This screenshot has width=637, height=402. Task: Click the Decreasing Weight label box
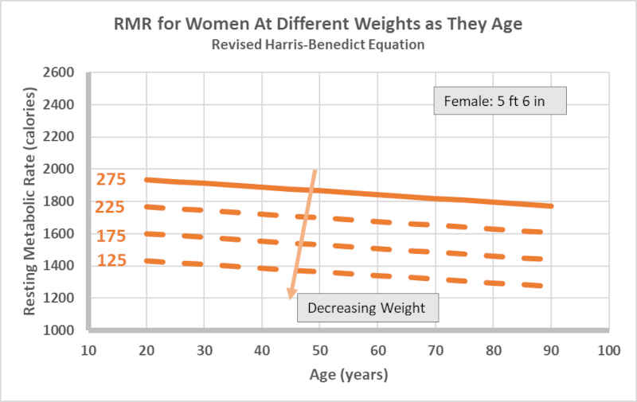(367, 308)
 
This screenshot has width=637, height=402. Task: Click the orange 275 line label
(111, 179)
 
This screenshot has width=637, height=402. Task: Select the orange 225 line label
(111, 208)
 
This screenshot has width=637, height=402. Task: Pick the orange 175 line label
(111, 236)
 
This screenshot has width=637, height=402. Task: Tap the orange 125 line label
(111, 260)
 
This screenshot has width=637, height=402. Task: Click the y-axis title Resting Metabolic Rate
(29, 201)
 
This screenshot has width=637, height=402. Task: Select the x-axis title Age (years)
(349, 373)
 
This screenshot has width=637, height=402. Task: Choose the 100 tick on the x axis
(609, 349)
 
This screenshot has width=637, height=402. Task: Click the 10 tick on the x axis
(89, 349)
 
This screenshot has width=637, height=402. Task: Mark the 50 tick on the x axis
(320, 349)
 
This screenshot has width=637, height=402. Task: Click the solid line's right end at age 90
(551, 206)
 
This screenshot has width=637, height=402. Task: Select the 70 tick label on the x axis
(436, 349)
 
